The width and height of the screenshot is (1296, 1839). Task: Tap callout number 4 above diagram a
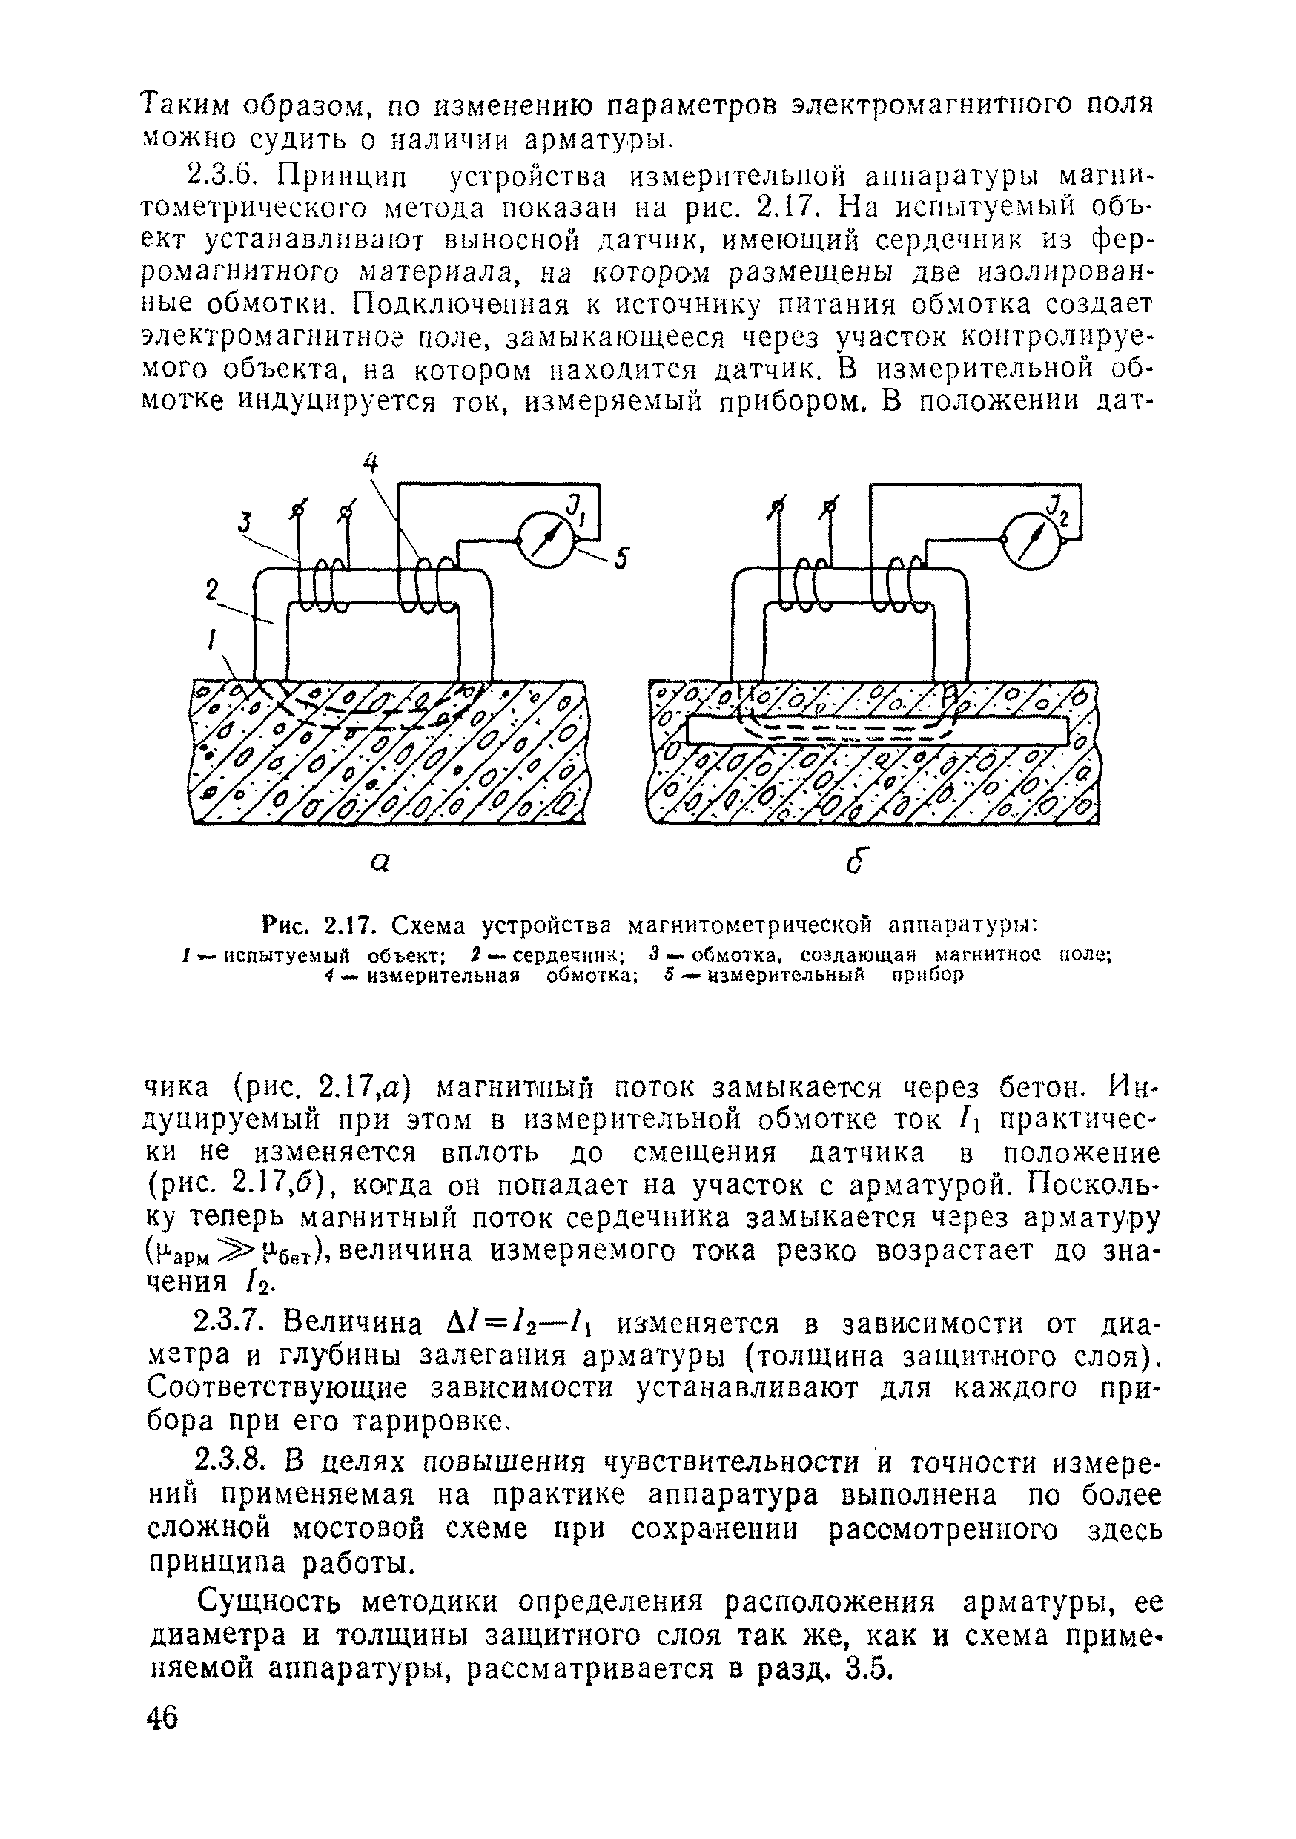tap(370, 463)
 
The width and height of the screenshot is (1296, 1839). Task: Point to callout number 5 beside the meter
tap(621, 558)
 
